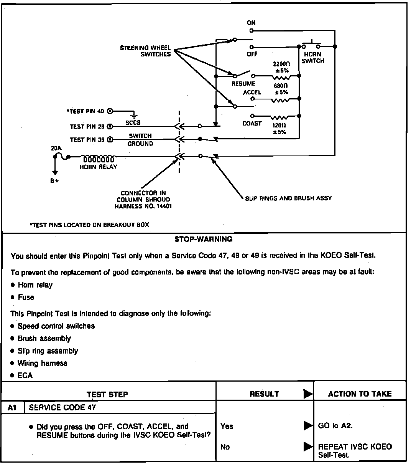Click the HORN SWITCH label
[312, 58]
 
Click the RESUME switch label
[243, 84]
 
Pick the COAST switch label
[252, 123]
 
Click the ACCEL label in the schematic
[252, 92]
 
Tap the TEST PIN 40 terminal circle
[110, 111]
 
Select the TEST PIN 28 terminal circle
[110, 126]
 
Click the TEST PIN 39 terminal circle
[110, 139]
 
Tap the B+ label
[54, 181]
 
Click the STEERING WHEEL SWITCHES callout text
[145, 51]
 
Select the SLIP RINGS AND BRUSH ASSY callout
[288, 198]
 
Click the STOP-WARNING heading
[203, 239]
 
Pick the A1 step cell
[13, 407]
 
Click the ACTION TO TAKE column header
[360, 394]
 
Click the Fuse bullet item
[26, 298]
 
